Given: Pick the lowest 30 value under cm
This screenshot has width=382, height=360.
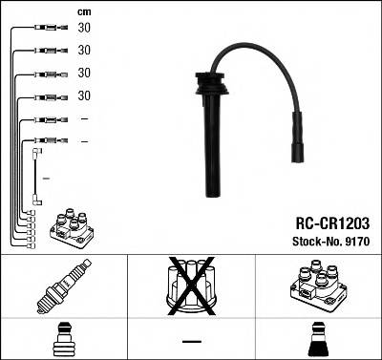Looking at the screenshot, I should tap(84, 95).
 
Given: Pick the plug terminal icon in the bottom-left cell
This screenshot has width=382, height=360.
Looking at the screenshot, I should tap(63, 338).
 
